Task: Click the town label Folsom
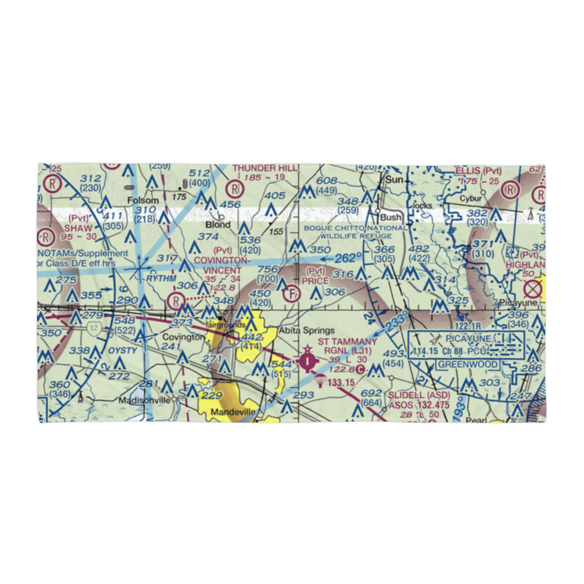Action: click(x=143, y=200)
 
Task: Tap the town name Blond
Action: click(x=217, y=225)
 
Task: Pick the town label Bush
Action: click(x=391, y=217)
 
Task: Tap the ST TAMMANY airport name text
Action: click(x=347, y=341)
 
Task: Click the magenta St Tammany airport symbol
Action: click(x=307, y=362)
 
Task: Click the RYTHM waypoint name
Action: click(x=161, y=279)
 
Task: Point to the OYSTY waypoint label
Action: click(x=122, y=350)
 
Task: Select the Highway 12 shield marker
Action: click(x=93, y=329)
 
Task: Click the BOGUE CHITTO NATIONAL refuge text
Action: click(x=355, y=228)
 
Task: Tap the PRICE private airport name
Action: click(x=315, y=280)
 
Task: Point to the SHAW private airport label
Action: click(x=78, y=228)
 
